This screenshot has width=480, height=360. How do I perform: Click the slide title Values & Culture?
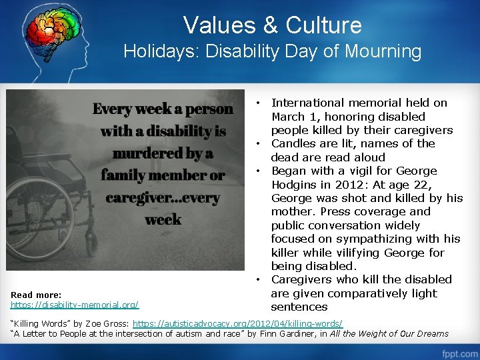pyautogui.click(x=272, y=25)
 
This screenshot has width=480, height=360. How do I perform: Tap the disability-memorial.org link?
pyautogui.click(x=75, y=305)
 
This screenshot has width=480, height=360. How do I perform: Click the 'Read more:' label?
pyautogui.click(x=36, y=295)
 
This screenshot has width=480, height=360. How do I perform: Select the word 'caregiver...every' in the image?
pyautogui.click(x=162, y=198)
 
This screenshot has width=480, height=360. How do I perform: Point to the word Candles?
pyautogui.click(x=293, y=143)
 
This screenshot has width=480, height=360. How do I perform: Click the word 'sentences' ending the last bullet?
pyautogui.click(x=299, y=307)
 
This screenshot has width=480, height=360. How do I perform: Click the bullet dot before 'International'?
pyautogui.click(x=257, y=103)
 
